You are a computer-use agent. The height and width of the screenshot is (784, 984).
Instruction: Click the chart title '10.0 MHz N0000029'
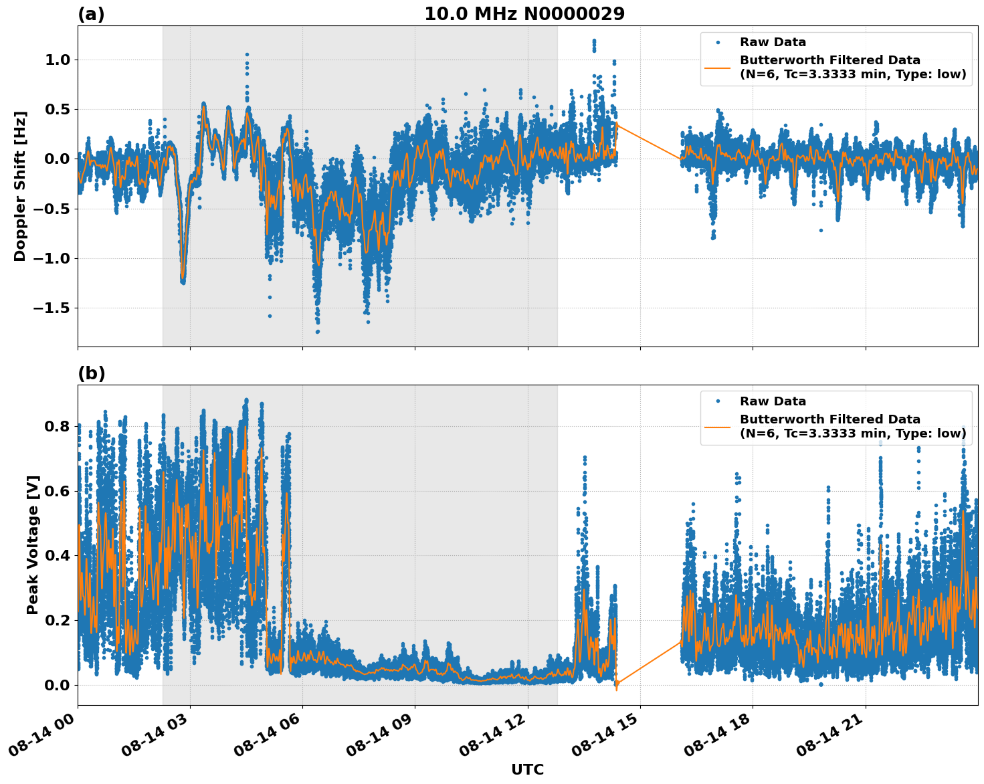[524, 14]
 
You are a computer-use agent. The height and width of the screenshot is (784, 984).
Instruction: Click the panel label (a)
[91, 14]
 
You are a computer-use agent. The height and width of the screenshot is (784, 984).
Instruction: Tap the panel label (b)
[91, 373]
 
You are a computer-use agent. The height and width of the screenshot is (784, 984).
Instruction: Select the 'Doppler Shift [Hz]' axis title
[20, 186]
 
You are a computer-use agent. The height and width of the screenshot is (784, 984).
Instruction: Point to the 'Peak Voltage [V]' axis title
[33, 545]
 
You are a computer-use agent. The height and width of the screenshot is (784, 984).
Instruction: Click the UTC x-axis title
[527, 769]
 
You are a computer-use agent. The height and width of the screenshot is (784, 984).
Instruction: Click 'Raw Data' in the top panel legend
[773, 42]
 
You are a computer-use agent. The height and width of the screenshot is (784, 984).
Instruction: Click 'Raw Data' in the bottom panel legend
[773, 401]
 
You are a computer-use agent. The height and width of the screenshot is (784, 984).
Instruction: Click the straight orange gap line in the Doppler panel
[649, 142]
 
